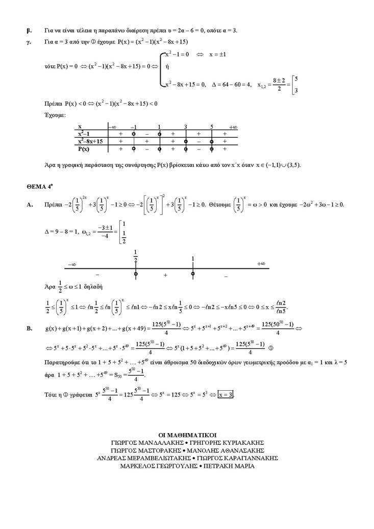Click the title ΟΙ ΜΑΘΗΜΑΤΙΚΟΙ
tap(187, 435)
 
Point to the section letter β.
tap(29, 30)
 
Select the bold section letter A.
tap(30, 205)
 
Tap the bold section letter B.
tap(30, 329)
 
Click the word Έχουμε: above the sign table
tap(55, 115)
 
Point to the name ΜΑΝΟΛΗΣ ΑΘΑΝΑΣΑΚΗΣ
tap(229, 450)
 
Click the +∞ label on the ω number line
tap(261, 263)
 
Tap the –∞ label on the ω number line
tap(71, 264)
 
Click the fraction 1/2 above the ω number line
tap(136, 256)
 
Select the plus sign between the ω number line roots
tap(165, 275)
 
